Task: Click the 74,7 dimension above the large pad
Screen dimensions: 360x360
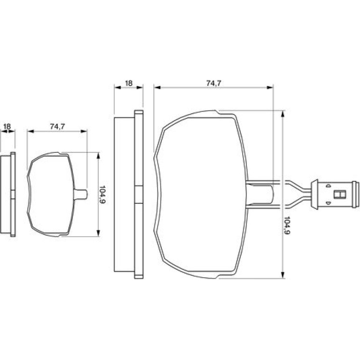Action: click(214, 83)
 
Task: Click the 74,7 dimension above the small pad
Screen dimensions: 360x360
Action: click(58, 127)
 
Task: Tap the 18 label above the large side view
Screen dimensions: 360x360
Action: click(129, 83)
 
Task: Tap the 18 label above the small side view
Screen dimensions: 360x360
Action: click(7, 127)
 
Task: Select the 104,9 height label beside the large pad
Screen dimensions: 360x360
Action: click(287, 225)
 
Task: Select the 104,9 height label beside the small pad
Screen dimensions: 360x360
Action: click(102, 194)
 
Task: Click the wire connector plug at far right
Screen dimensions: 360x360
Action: click(334, 194)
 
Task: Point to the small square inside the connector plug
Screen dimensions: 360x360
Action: click(340, 194)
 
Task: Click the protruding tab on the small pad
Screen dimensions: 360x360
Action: click(81, 194)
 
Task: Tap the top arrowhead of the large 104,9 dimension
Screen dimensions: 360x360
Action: click(283, 114)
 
